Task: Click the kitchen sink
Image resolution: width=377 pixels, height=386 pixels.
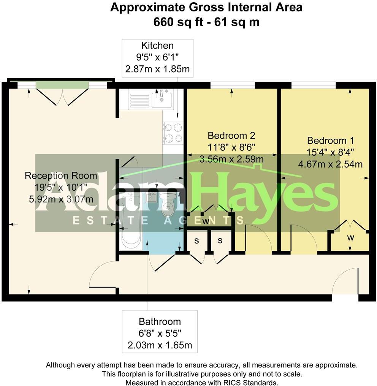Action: (162, 99)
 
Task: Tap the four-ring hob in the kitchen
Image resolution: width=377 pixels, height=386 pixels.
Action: (173, 133)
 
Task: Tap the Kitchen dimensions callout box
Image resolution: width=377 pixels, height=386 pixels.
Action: (157, 58)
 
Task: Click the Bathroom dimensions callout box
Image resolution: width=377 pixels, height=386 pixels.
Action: (160, 333)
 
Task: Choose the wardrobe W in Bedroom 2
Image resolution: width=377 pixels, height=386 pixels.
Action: (206, 221)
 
